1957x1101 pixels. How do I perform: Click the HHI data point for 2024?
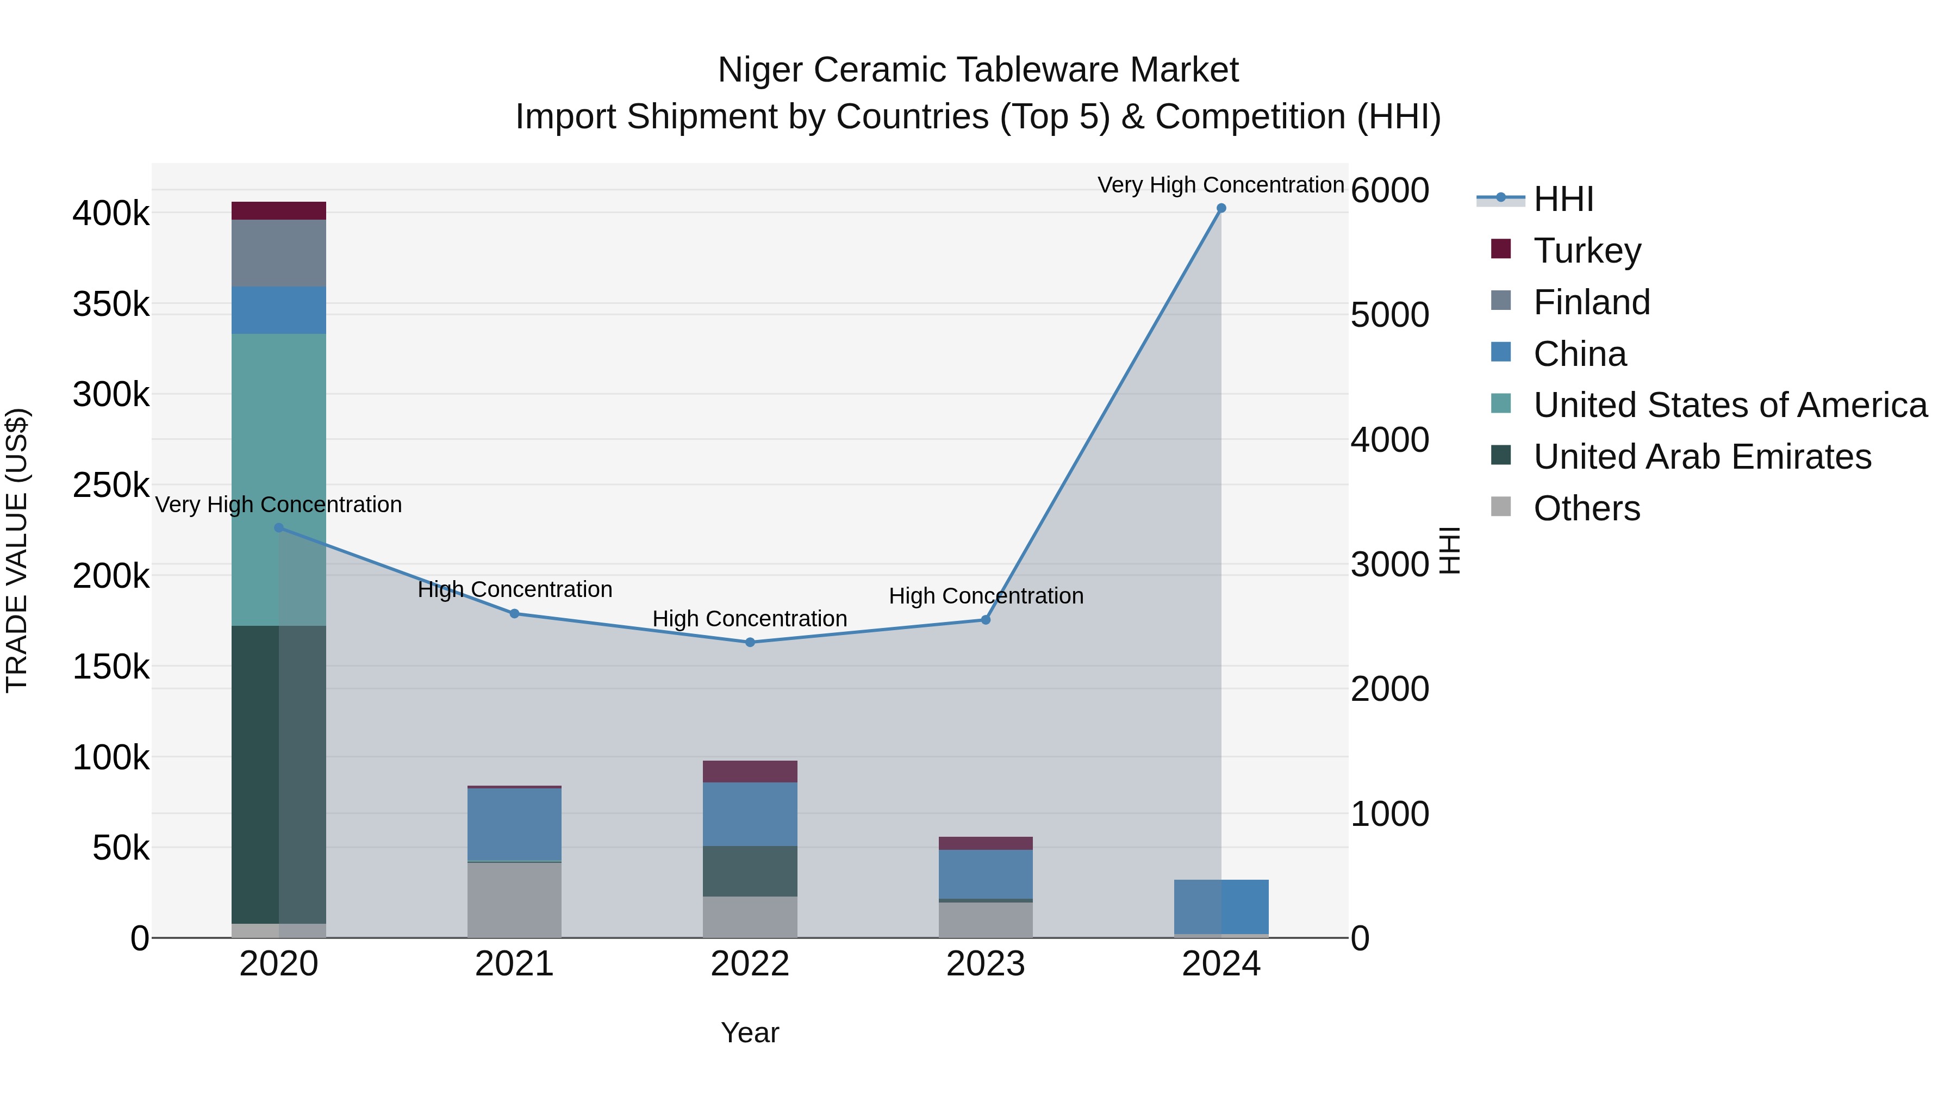[x=1221, y=208]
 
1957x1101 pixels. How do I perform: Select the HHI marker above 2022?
[x=750, y=642]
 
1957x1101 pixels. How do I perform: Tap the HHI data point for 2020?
[x=279, y=527]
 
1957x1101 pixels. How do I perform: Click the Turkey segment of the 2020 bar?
[x=279, y=210]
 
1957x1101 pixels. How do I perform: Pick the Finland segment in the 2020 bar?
[x=279, y=253]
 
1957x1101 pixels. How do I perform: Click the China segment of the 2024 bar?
[x=1221, y=906]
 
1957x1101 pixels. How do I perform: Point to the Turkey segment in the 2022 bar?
[x=750, y=771]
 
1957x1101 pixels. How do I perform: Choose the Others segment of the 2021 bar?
[x=514, y=900]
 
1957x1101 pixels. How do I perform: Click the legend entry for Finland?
[x=1592, y=302]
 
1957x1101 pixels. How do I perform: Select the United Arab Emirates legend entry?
[x=1702, y=457]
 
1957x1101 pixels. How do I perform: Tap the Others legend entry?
[x=1586, y=508]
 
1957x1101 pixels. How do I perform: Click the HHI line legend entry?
[x=1563, y=199]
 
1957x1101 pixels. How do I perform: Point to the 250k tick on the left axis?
[x=111, y=485]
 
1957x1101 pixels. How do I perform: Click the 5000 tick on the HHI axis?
[x=1389, y=315]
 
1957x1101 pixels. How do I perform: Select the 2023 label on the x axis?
[x=986, y=964]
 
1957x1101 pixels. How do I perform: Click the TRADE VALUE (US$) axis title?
[x=17, y=550]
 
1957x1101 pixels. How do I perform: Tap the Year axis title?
[x=750, y=1032]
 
